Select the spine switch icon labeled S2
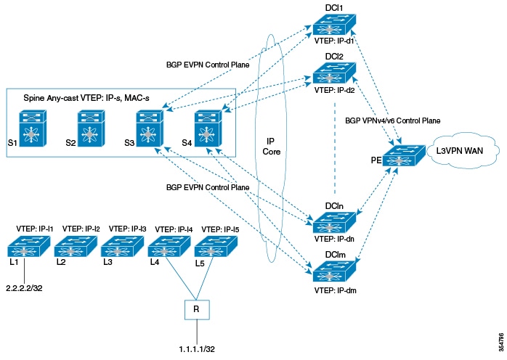coord(90,128)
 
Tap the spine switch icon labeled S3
coord(150,128)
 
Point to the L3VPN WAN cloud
coord(464,155)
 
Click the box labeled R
coord(196,309)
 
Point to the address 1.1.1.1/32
coord(195,348)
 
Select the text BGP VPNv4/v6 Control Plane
coord(392,120)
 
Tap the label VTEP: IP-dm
coord(336,291)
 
